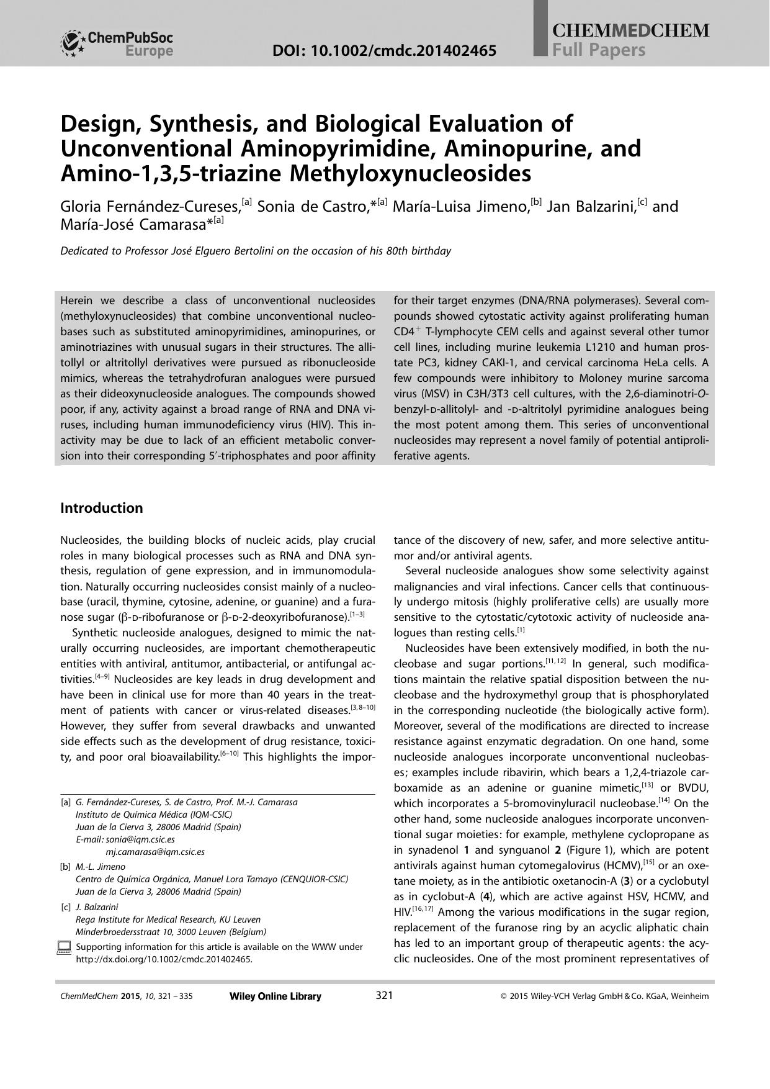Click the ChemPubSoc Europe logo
117,43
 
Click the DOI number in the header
384,50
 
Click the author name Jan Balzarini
594,207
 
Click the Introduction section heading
101,508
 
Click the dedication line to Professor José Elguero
256,251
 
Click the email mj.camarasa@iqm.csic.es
155,852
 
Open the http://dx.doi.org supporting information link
164,959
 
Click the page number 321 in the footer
384,996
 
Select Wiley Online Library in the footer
275,996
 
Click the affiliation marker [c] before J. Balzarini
66,907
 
